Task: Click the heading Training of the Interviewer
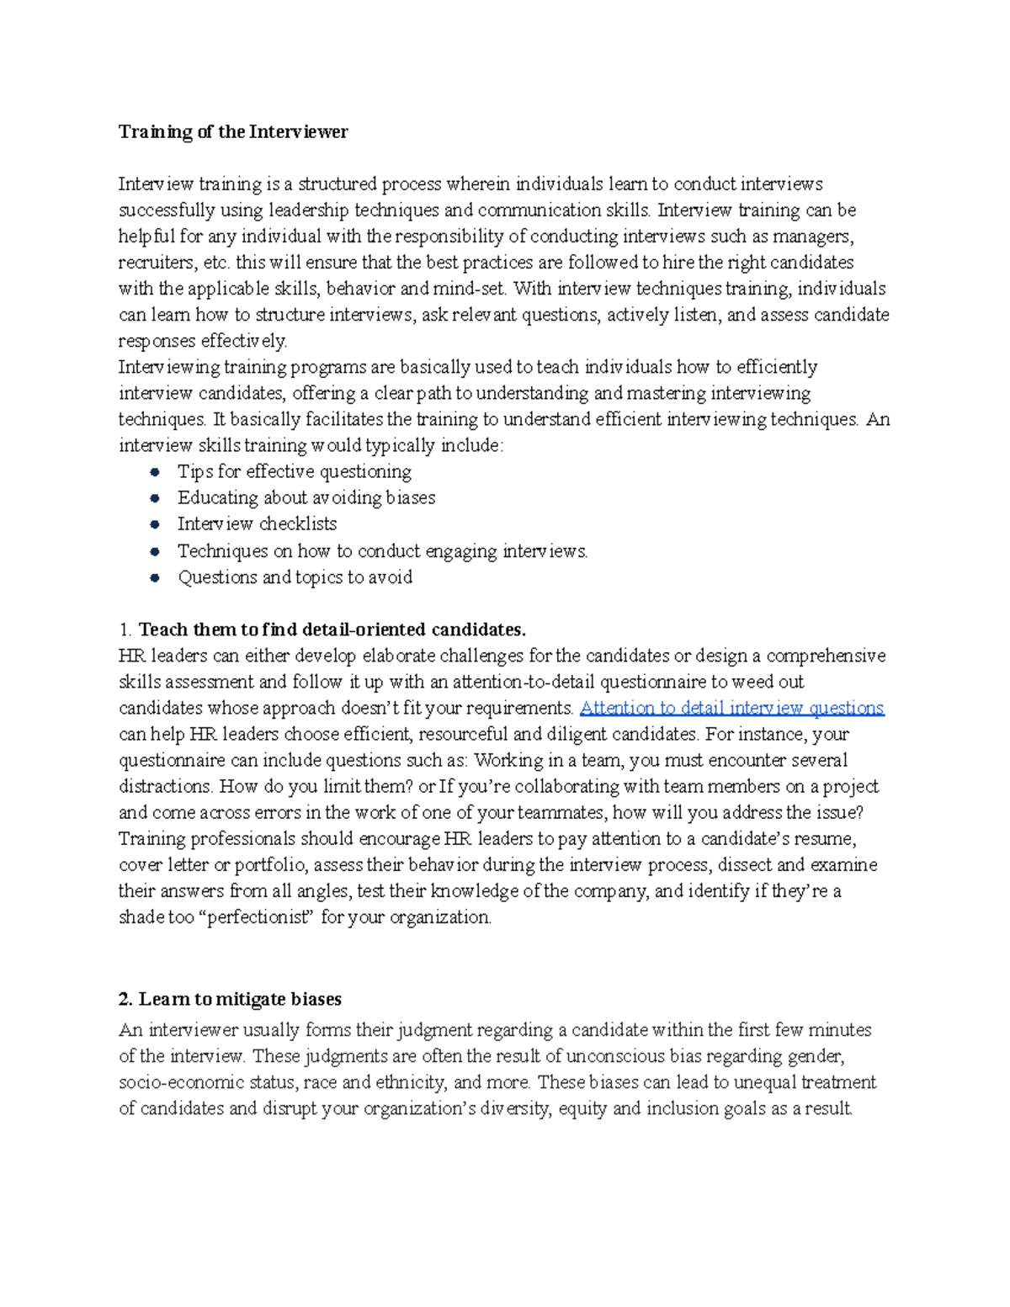233,132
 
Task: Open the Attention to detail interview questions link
731,708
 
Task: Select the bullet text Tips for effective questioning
295,471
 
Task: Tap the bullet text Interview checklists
257,523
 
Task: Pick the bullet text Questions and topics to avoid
295,577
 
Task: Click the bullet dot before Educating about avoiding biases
155,498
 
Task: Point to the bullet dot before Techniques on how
155,552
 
